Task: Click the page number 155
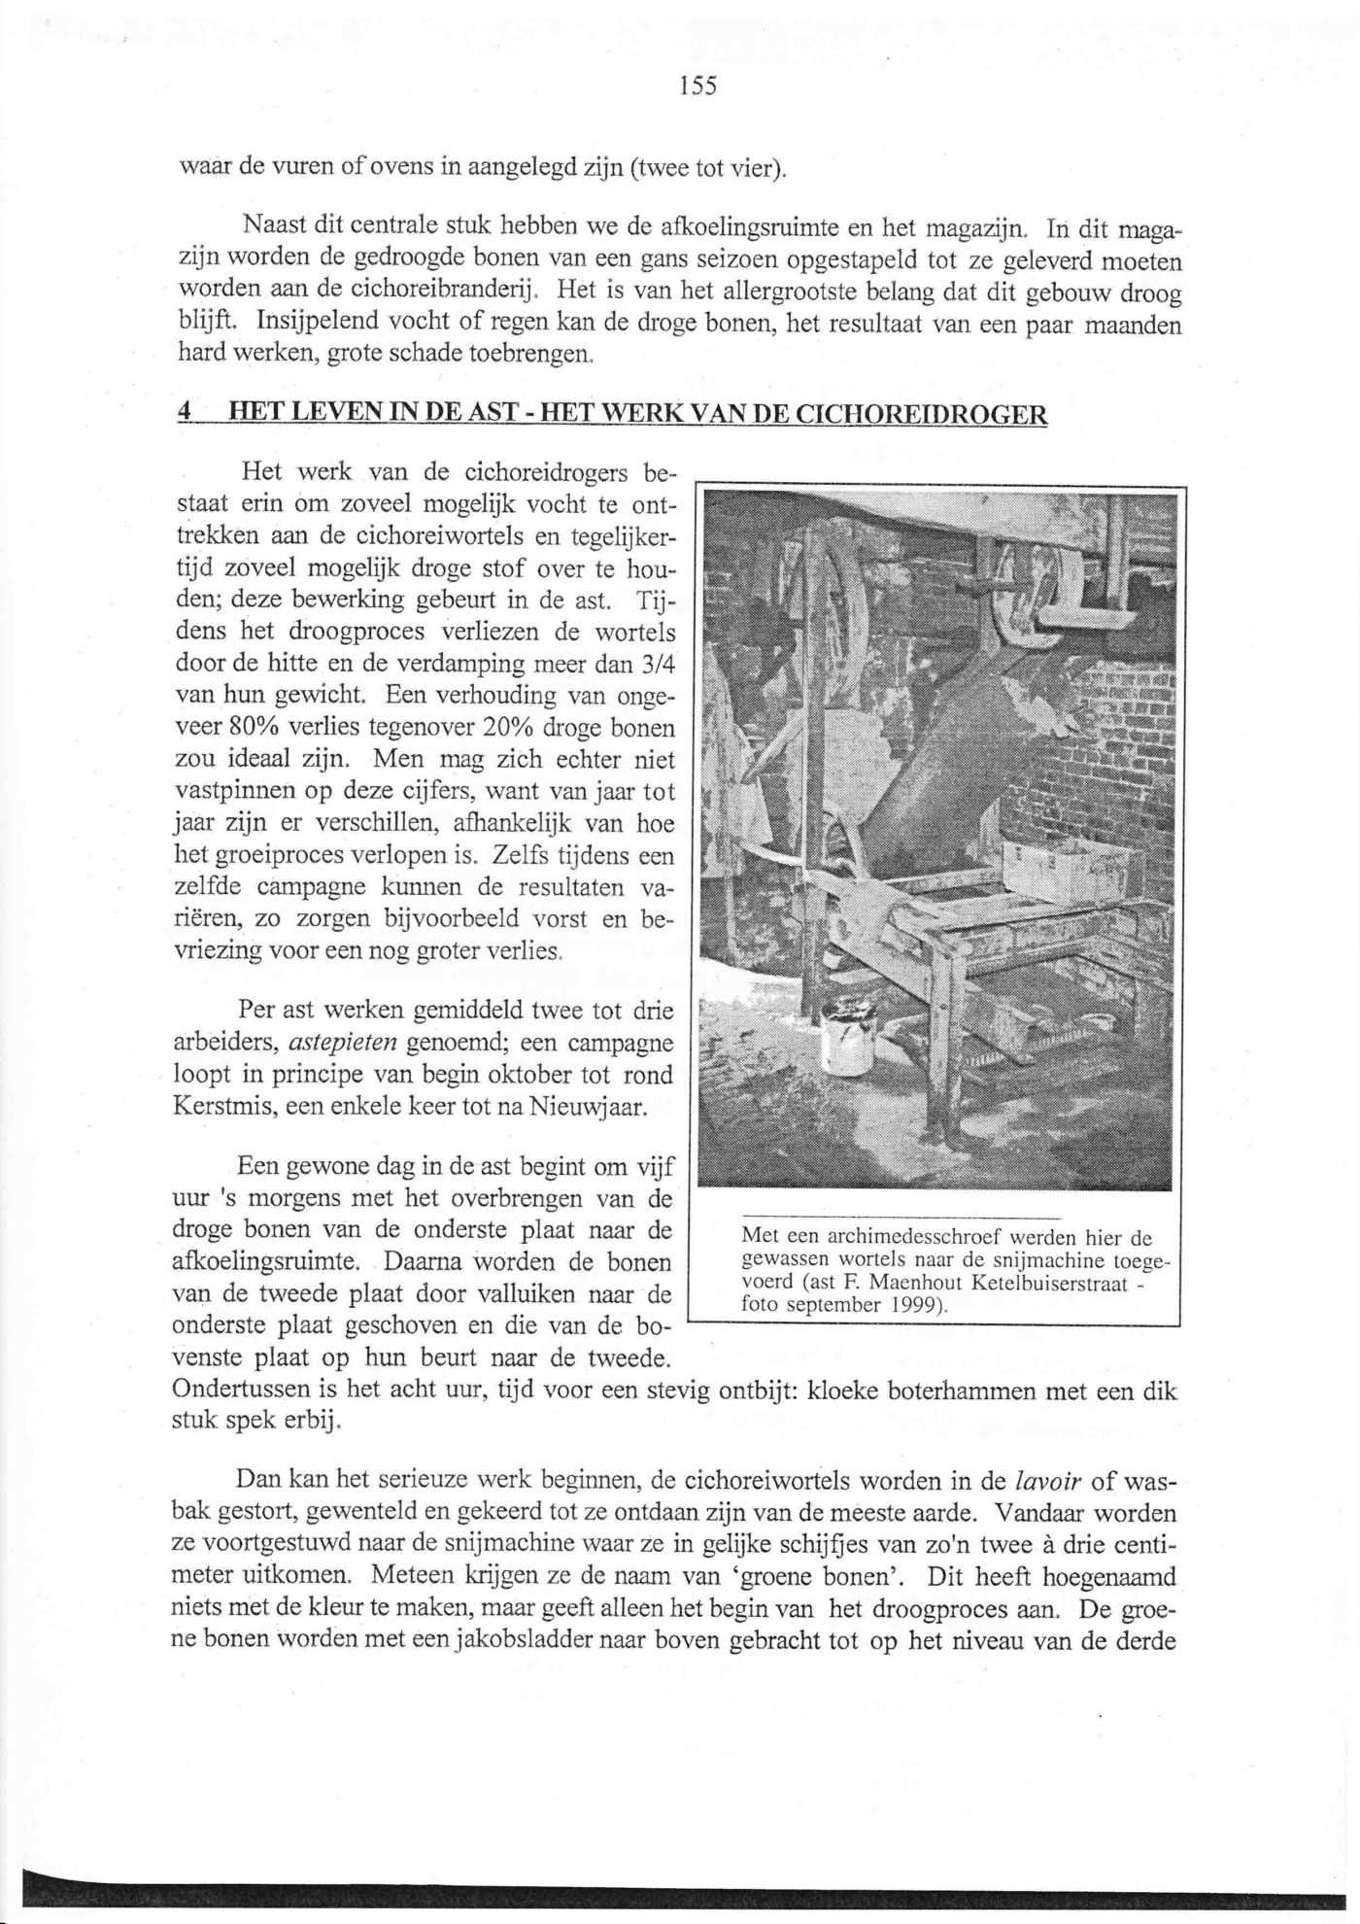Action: (x=697, y=86)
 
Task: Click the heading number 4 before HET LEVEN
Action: (x=184, y=413)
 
